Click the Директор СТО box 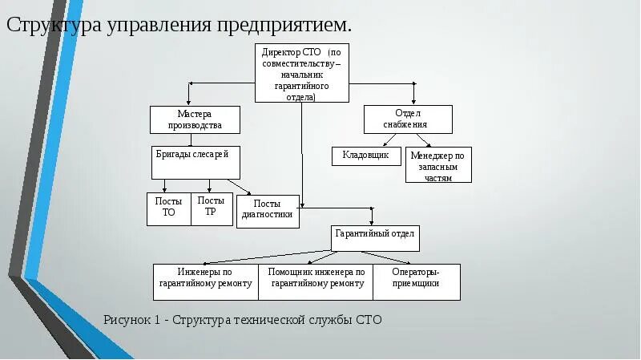[302, 73]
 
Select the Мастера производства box [195, 119]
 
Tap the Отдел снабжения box [408, 119]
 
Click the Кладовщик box [366, 156]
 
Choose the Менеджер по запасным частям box [438, 165]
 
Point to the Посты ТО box [168, 208]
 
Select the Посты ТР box [212, 208]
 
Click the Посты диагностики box [268, 211]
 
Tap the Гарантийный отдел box [375, 238]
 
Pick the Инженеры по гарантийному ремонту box [206, 281]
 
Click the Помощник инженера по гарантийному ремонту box [316, 281]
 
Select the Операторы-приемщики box [417, 281]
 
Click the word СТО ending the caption [369, 320]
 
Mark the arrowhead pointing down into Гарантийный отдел [371, 222]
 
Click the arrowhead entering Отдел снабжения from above [413, 101]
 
